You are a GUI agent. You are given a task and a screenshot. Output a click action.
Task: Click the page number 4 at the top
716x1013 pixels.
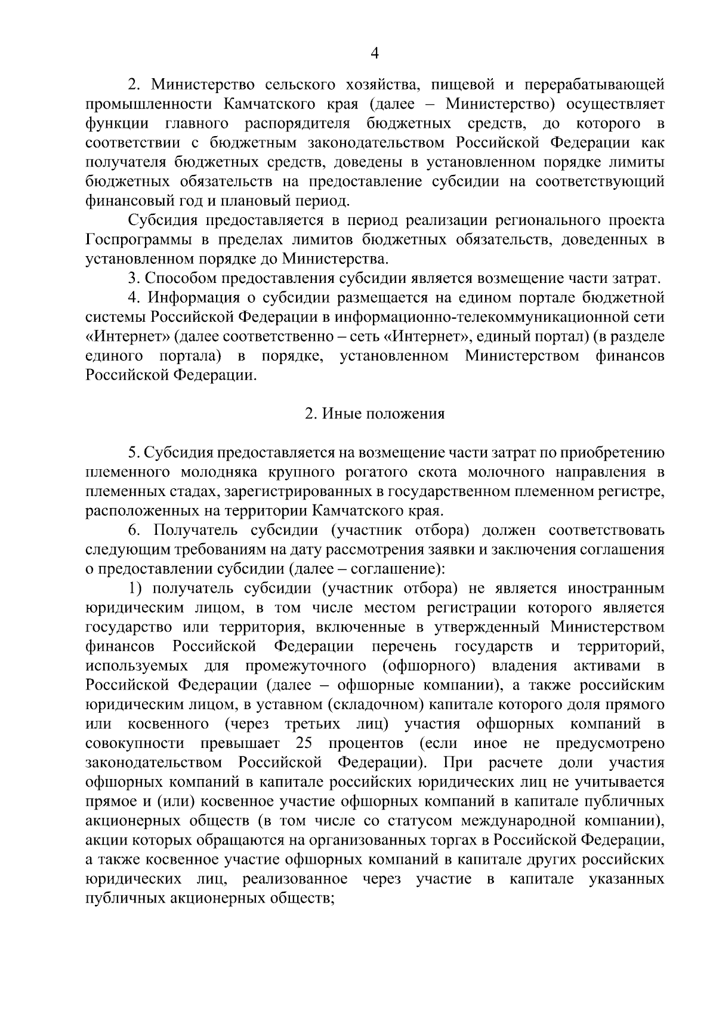[x=375, y=54]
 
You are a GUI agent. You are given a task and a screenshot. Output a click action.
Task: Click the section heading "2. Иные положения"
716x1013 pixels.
[x=375, y=414]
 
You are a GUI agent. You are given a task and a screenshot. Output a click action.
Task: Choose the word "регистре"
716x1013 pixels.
[x=632, y=491]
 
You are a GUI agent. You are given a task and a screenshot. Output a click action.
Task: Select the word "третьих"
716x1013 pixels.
[x=310, y=724]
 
